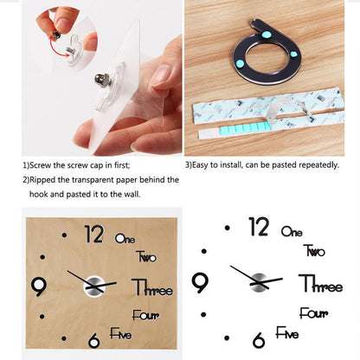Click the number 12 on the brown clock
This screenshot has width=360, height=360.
pyautogui.click(x=94, y=235)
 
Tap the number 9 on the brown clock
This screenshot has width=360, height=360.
pyautogui.click(x=38, y=285)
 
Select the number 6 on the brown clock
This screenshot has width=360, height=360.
pyautogui.click(x=94, y=341)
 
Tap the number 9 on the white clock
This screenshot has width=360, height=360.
pyautogui.click(x=200, y=283)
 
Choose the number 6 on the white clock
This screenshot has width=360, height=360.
pyautogui.click(x=259, y=340)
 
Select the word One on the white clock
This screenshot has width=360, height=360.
pyautogui.click(x=292, y=232)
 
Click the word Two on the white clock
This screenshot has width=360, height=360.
pyautogui.click(x=314, y=251)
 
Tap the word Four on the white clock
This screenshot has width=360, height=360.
pyautogui.click(x=313, y=314)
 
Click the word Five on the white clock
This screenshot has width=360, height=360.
pyautogui.click(x=287, y=333)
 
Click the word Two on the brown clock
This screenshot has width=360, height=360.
pyautogui.click(x=146, y=256)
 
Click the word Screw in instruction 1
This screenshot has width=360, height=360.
pyautogui.click(x=42, y=163)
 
